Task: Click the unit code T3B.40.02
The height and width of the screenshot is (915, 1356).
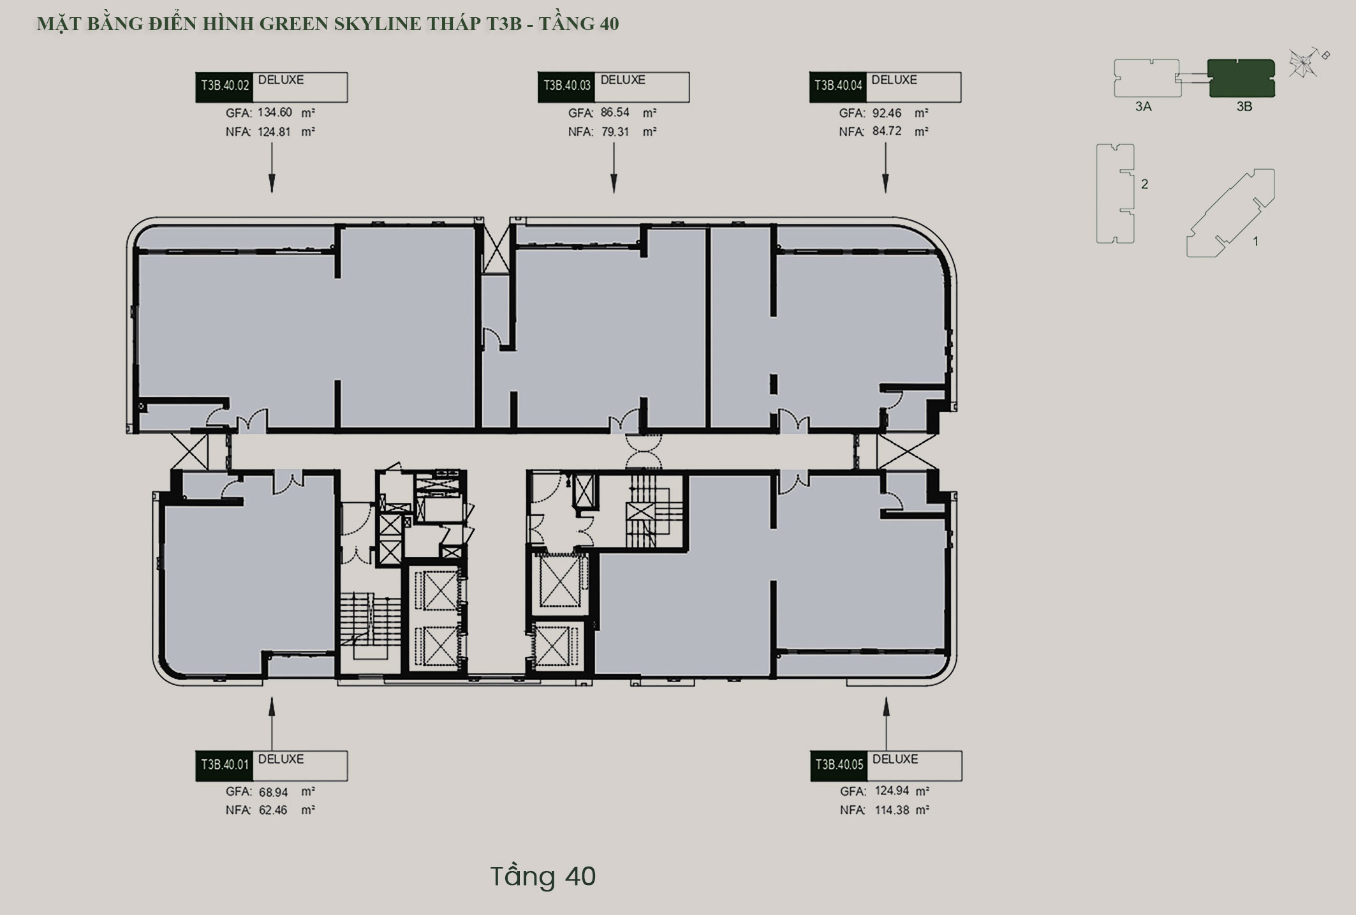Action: point(225,86)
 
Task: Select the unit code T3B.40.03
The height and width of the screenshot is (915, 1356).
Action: point(566,86)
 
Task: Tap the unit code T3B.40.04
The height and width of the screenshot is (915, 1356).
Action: point(838,86)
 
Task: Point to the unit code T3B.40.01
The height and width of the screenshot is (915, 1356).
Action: point(225,764)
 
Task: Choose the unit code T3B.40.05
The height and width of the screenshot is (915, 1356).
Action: point(839,764)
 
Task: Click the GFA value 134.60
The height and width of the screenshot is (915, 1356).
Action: point(275,112)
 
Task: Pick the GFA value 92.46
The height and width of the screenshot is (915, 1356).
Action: point(887,113)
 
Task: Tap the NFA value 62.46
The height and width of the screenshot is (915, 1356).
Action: point(273,810)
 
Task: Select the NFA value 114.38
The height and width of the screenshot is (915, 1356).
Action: point(892,810)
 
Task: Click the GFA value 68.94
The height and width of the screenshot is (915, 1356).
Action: point(274,792)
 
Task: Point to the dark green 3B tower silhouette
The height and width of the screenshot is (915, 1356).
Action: point(1241,78)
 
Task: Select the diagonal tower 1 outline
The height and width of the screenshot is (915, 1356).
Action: point(1230,213)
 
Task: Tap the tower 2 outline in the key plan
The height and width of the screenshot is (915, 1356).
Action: point(1115,193)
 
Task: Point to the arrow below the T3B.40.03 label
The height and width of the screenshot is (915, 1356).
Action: point(614,168)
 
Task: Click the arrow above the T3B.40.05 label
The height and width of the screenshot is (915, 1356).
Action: point(886,724)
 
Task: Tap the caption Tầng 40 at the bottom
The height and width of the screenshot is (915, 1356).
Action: point(543,876)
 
